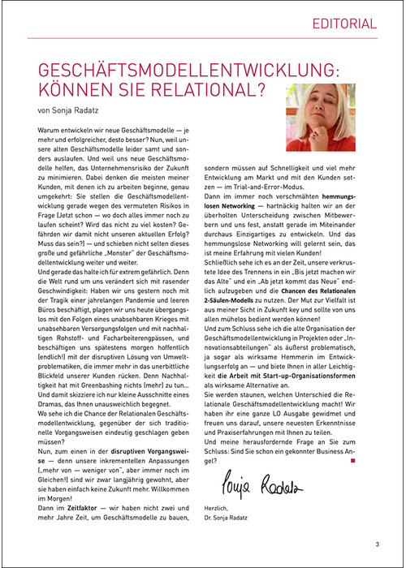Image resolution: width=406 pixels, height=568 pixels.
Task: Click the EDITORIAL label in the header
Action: (x=344, y=24)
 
